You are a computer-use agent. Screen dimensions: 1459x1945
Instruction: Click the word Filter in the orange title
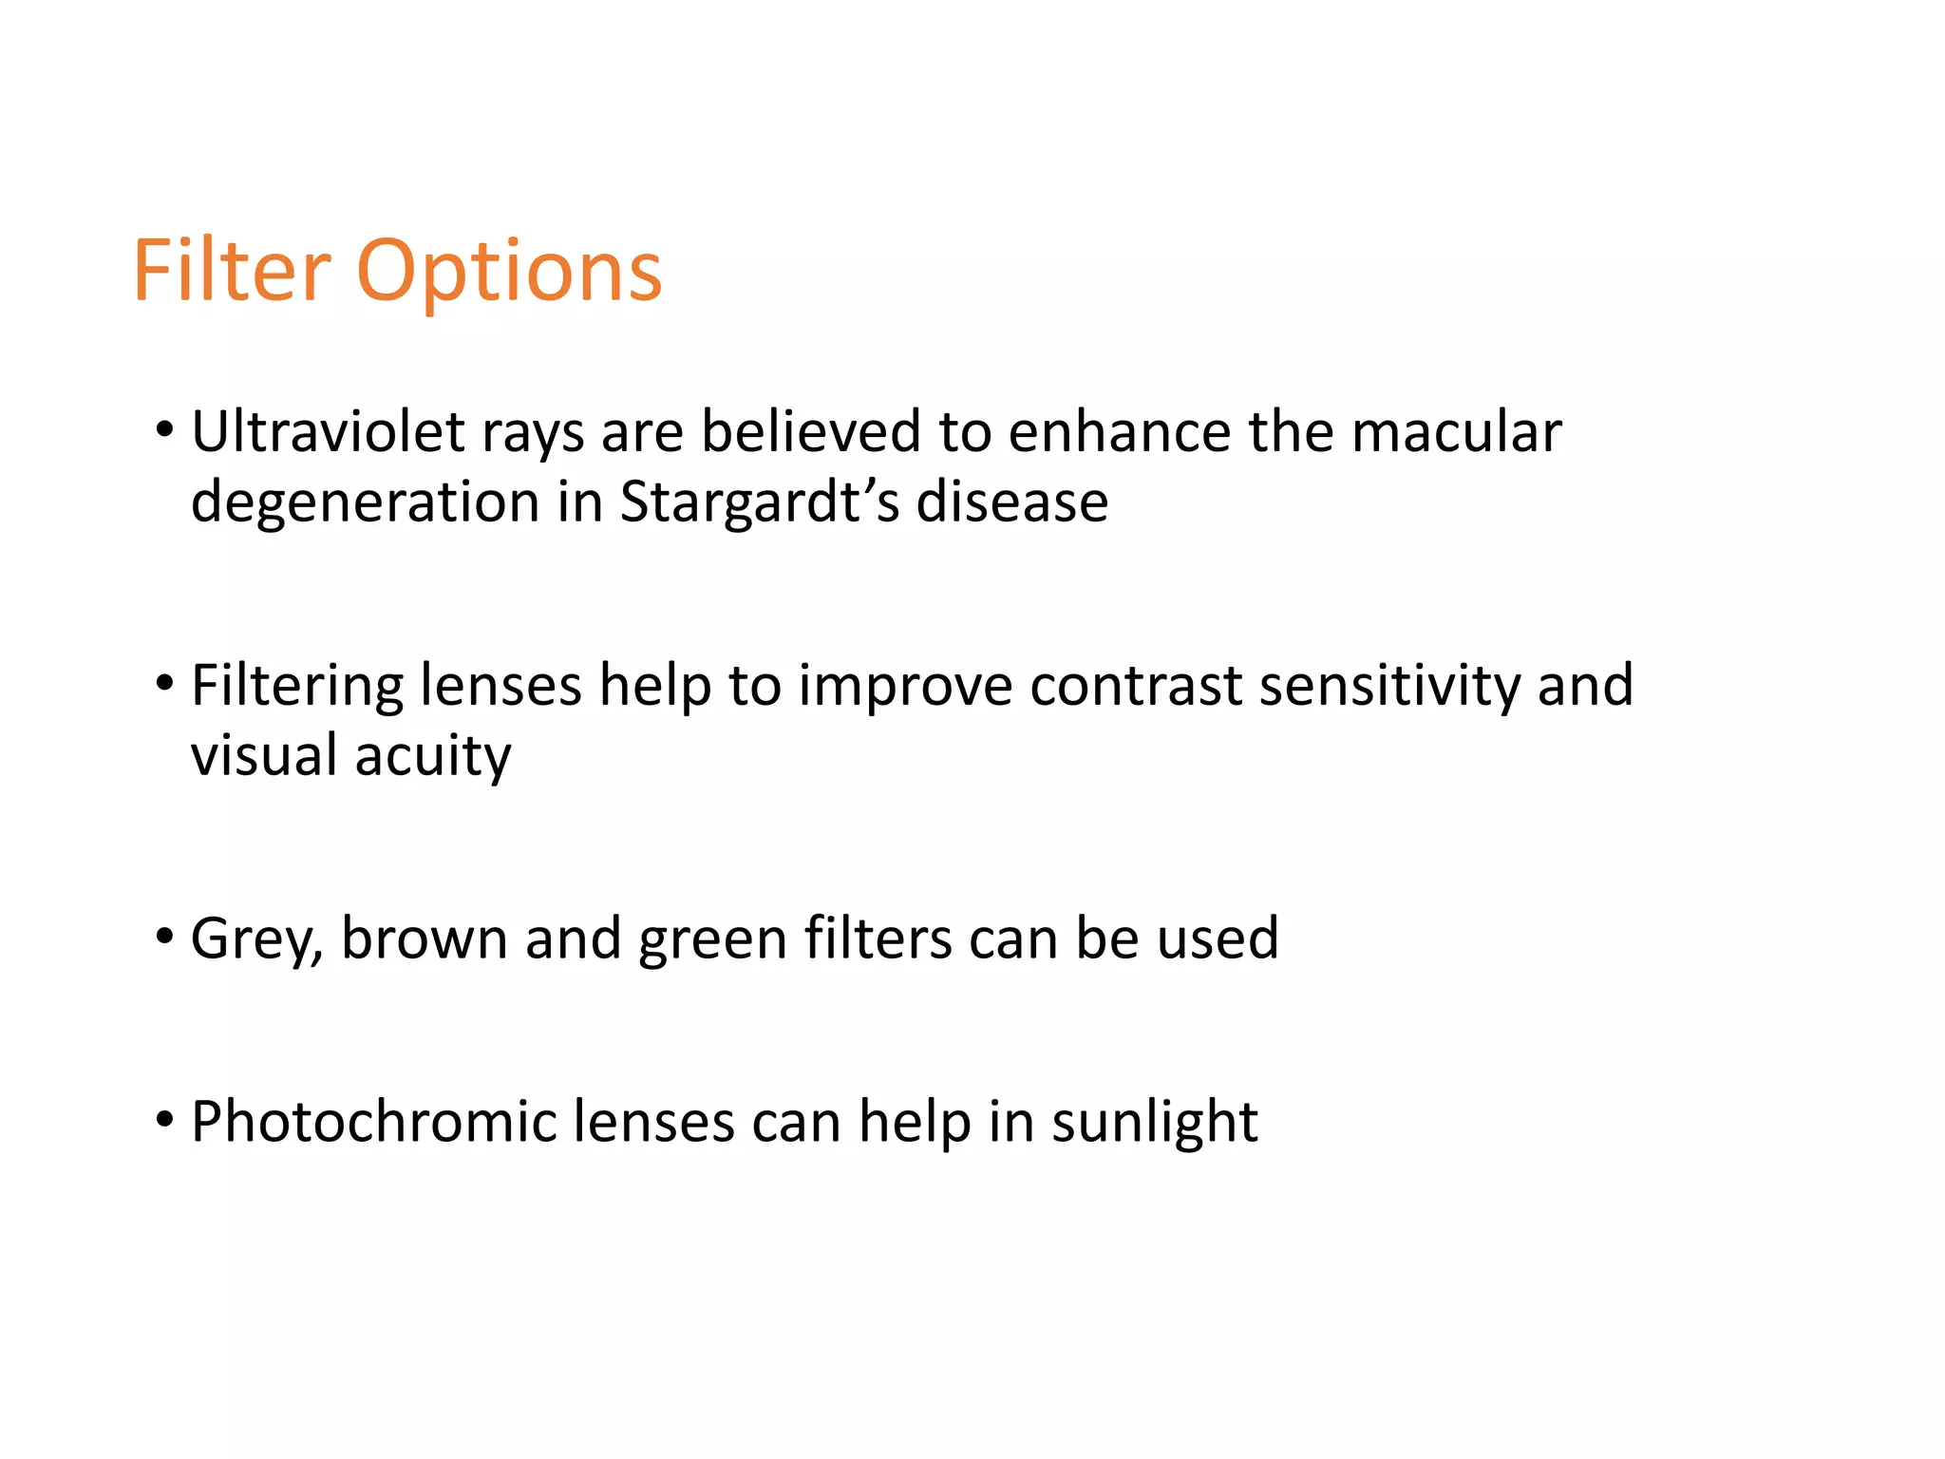[232, 273]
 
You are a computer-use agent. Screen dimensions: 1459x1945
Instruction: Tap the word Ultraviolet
[328, 432]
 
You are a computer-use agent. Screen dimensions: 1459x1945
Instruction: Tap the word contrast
[1135, 686]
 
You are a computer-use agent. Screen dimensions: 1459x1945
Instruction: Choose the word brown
[424, 939]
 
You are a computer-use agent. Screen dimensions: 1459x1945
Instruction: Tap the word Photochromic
[372, 1123]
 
